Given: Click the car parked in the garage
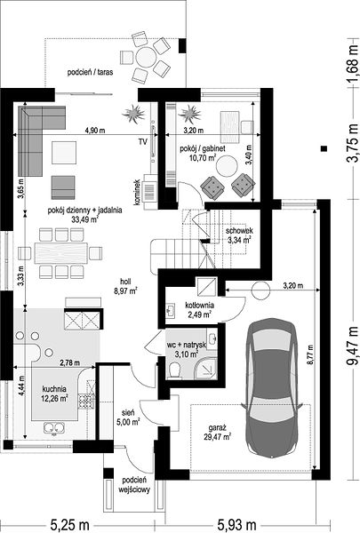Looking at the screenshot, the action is coord(271,387).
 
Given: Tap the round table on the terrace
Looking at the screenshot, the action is coord(146,58).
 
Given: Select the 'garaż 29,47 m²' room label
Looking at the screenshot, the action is coord(218,432).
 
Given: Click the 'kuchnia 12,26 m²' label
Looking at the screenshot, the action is coord(54,394).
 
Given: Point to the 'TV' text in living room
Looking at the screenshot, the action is coord(142,142).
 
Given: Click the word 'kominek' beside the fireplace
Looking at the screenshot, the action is coord(137,193).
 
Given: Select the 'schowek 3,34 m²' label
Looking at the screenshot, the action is coord(239,235).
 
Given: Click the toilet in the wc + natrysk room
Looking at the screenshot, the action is coord(175,370).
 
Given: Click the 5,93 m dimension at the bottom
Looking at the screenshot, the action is coord(236,525).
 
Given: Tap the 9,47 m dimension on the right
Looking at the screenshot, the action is coord(353,345).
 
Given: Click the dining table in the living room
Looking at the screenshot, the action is coord(61,253).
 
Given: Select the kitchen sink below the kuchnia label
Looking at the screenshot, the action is coord(54,427).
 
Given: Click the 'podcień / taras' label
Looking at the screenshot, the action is coord(90,72).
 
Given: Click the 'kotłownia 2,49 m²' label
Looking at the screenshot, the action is coord(199,310).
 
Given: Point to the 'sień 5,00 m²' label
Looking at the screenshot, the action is coord(131,418).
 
